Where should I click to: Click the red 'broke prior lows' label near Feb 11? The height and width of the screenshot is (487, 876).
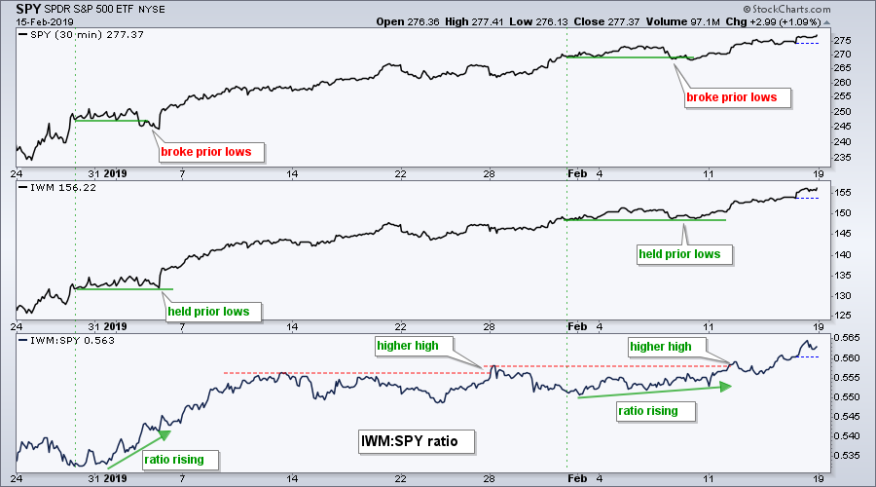pyautogui.click(x=738, y=97)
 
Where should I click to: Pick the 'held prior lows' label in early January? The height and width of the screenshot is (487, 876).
pyautogui.click(x=208, y=312)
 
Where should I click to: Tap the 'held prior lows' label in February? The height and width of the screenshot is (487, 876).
pyautogui.click(x=679, y=254)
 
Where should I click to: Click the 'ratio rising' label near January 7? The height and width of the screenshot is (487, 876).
pyautogui.click(x=181, y=459)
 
